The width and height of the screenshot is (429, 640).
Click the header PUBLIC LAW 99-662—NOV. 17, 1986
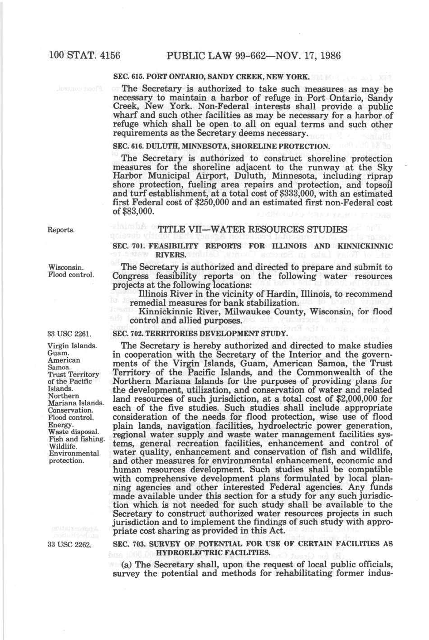[x=253, y=56]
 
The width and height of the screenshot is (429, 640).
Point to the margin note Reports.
[x=61, y=230]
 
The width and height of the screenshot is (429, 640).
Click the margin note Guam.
[x=58, y=353]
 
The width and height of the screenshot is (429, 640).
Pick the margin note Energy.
[x=61, y=425]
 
